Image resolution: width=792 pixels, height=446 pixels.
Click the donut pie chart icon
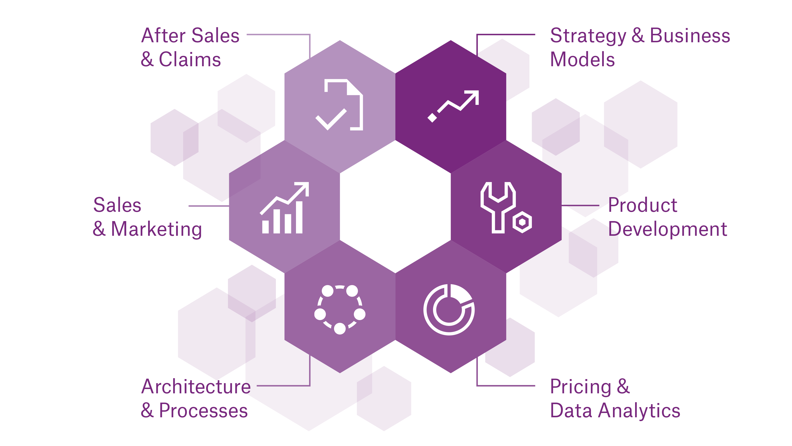[449, 309]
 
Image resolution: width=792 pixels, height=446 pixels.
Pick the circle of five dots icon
[340, 309]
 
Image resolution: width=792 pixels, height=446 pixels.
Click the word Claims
[190, 59]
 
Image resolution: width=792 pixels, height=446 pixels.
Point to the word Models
[582, 59]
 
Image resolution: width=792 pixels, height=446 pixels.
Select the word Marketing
[156, 229]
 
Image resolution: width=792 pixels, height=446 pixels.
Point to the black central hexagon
[395, 206]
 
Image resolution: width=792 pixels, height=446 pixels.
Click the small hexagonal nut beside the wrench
[522, 222]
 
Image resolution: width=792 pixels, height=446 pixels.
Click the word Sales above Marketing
[117, 205]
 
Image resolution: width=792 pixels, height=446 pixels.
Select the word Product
[643, 205]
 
